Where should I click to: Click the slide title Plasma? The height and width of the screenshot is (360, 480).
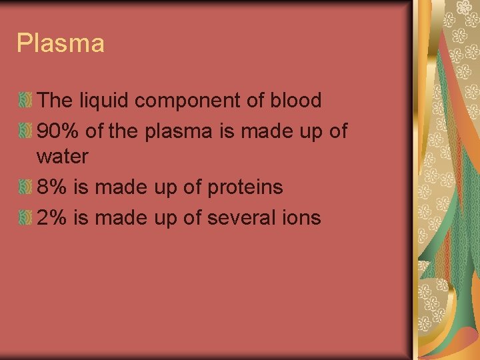pyautogui.click(x=61, y=44)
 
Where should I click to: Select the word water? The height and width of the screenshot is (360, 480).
pyautogui.click(x=63, y=157)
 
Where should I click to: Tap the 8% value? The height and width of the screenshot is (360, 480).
pyautogui.click(x=53, y=187)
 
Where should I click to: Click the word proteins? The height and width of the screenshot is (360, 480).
pyautogui.click(x=245, y=188)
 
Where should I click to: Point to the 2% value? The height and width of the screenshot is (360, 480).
pyautogui.click(x=53, y=217)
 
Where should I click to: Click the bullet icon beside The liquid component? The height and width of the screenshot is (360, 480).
pyautogui.click(x=25, y=101)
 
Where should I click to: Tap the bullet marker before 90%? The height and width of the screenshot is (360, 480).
pyautogui.click(x=25, y=131)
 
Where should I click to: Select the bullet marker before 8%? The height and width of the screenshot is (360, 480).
pyautogui.click(x=25, y=188)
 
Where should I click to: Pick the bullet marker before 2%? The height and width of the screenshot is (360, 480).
pyautogui.click(x=25, y=218)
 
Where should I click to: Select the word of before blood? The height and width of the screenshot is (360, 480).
pyautogui.click(x=258, y=101)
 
